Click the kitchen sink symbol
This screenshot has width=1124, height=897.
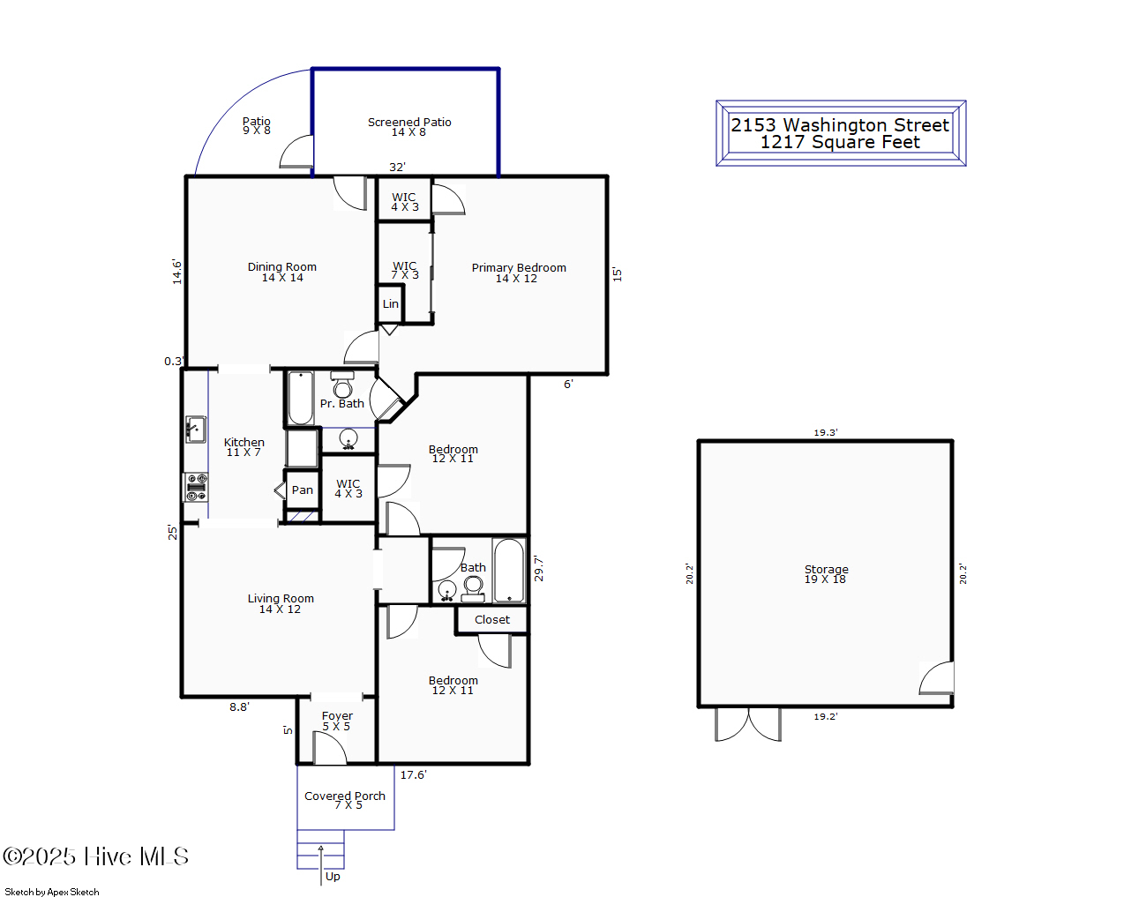click(x=196, y=430)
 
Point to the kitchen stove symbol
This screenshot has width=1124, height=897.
click(x=196, y=488)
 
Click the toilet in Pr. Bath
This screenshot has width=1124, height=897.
click(x=342, y=385)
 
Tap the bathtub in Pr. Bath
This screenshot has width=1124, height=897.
click(x=300, y=398)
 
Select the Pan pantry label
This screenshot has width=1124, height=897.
click(x=303, y=490)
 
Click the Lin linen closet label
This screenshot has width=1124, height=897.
click(x=391, y=304)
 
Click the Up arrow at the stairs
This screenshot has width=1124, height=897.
click(x=320, y=865)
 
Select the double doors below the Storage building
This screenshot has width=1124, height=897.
click(x=748, y=725)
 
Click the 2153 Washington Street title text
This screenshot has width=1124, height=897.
click(x=840, y=125)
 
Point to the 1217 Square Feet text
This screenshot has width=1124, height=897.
click(x=840, y=143)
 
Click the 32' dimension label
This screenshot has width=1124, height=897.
click(x=398, y=167)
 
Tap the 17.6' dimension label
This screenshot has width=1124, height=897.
click(x=414, y=774)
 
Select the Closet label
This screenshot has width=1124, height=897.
click(x=492, y=620)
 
